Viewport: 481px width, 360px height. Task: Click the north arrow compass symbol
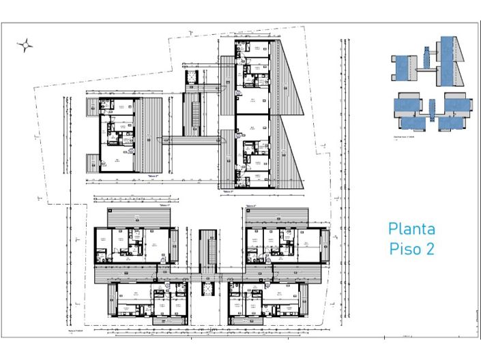click(25, 46)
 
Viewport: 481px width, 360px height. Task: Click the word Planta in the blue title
click(411, 228)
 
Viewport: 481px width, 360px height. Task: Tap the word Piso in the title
click(403, 248)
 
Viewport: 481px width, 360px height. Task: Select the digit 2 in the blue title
click(430, 248)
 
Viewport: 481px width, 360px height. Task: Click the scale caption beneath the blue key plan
click(408, 136)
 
